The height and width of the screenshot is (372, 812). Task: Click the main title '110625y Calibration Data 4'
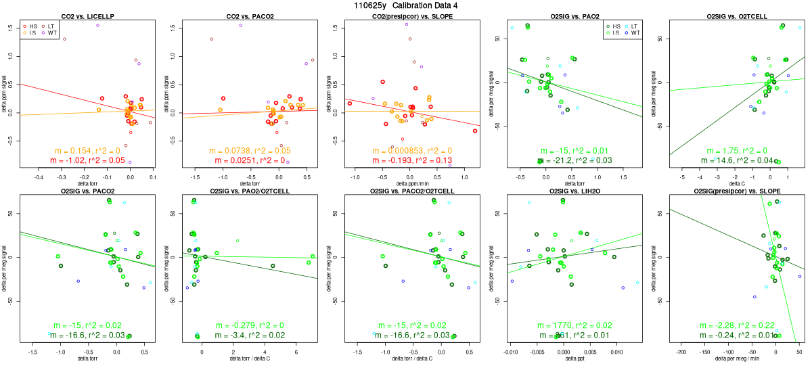click(406, 5)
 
